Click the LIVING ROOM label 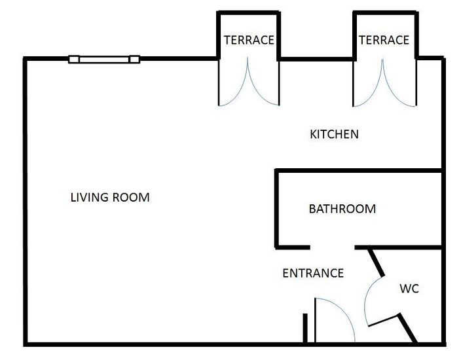[x=110, y=197]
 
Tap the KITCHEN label [x=334, y=135]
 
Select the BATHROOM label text [x=342, y=209]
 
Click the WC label [x=409, y=289]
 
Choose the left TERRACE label [x=249, y=41]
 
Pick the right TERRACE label [x=384, y=41]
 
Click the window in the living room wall [x=104, y=60]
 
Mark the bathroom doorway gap [x=332, y=248]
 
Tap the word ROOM [x=132, y=197]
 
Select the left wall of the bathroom [x=277, y=209]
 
